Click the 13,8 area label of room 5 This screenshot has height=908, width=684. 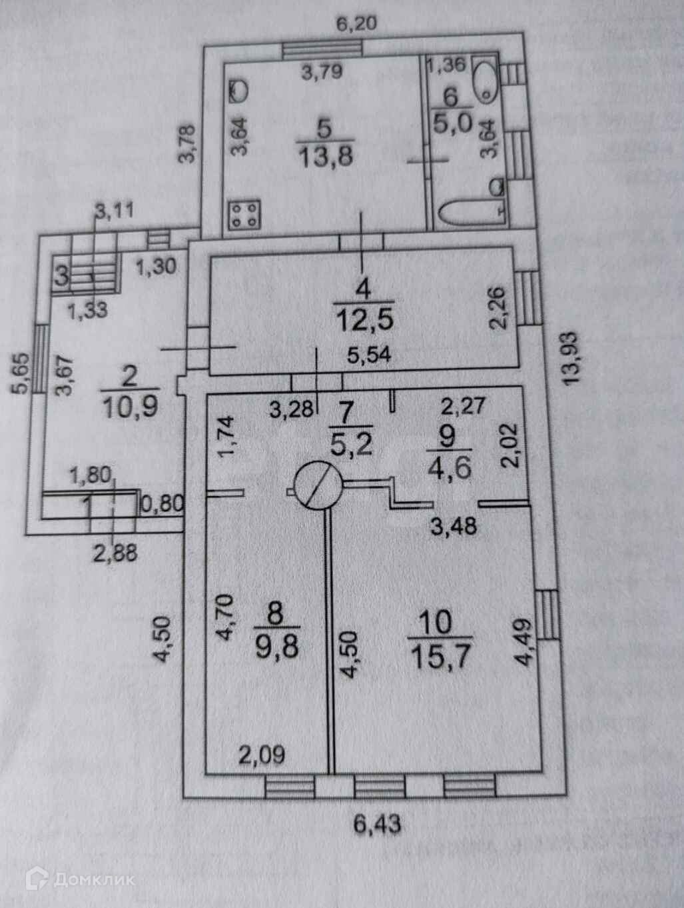point(326,158)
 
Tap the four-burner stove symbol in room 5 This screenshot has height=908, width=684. point(244,215)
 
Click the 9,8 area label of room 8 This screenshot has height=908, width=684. point(276,647)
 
